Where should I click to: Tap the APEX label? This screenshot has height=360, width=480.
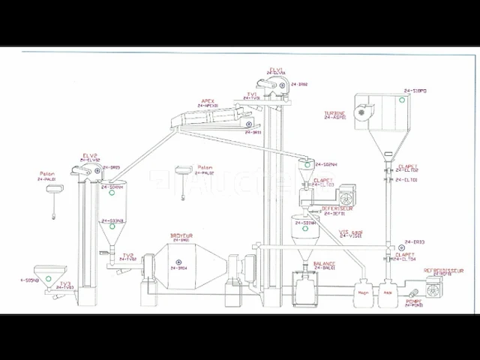point(208,100)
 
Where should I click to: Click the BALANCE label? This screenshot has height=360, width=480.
point(325,264)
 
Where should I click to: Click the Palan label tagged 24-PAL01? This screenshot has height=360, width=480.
point(46,174)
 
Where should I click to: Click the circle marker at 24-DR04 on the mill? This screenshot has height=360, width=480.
point(172,267)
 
